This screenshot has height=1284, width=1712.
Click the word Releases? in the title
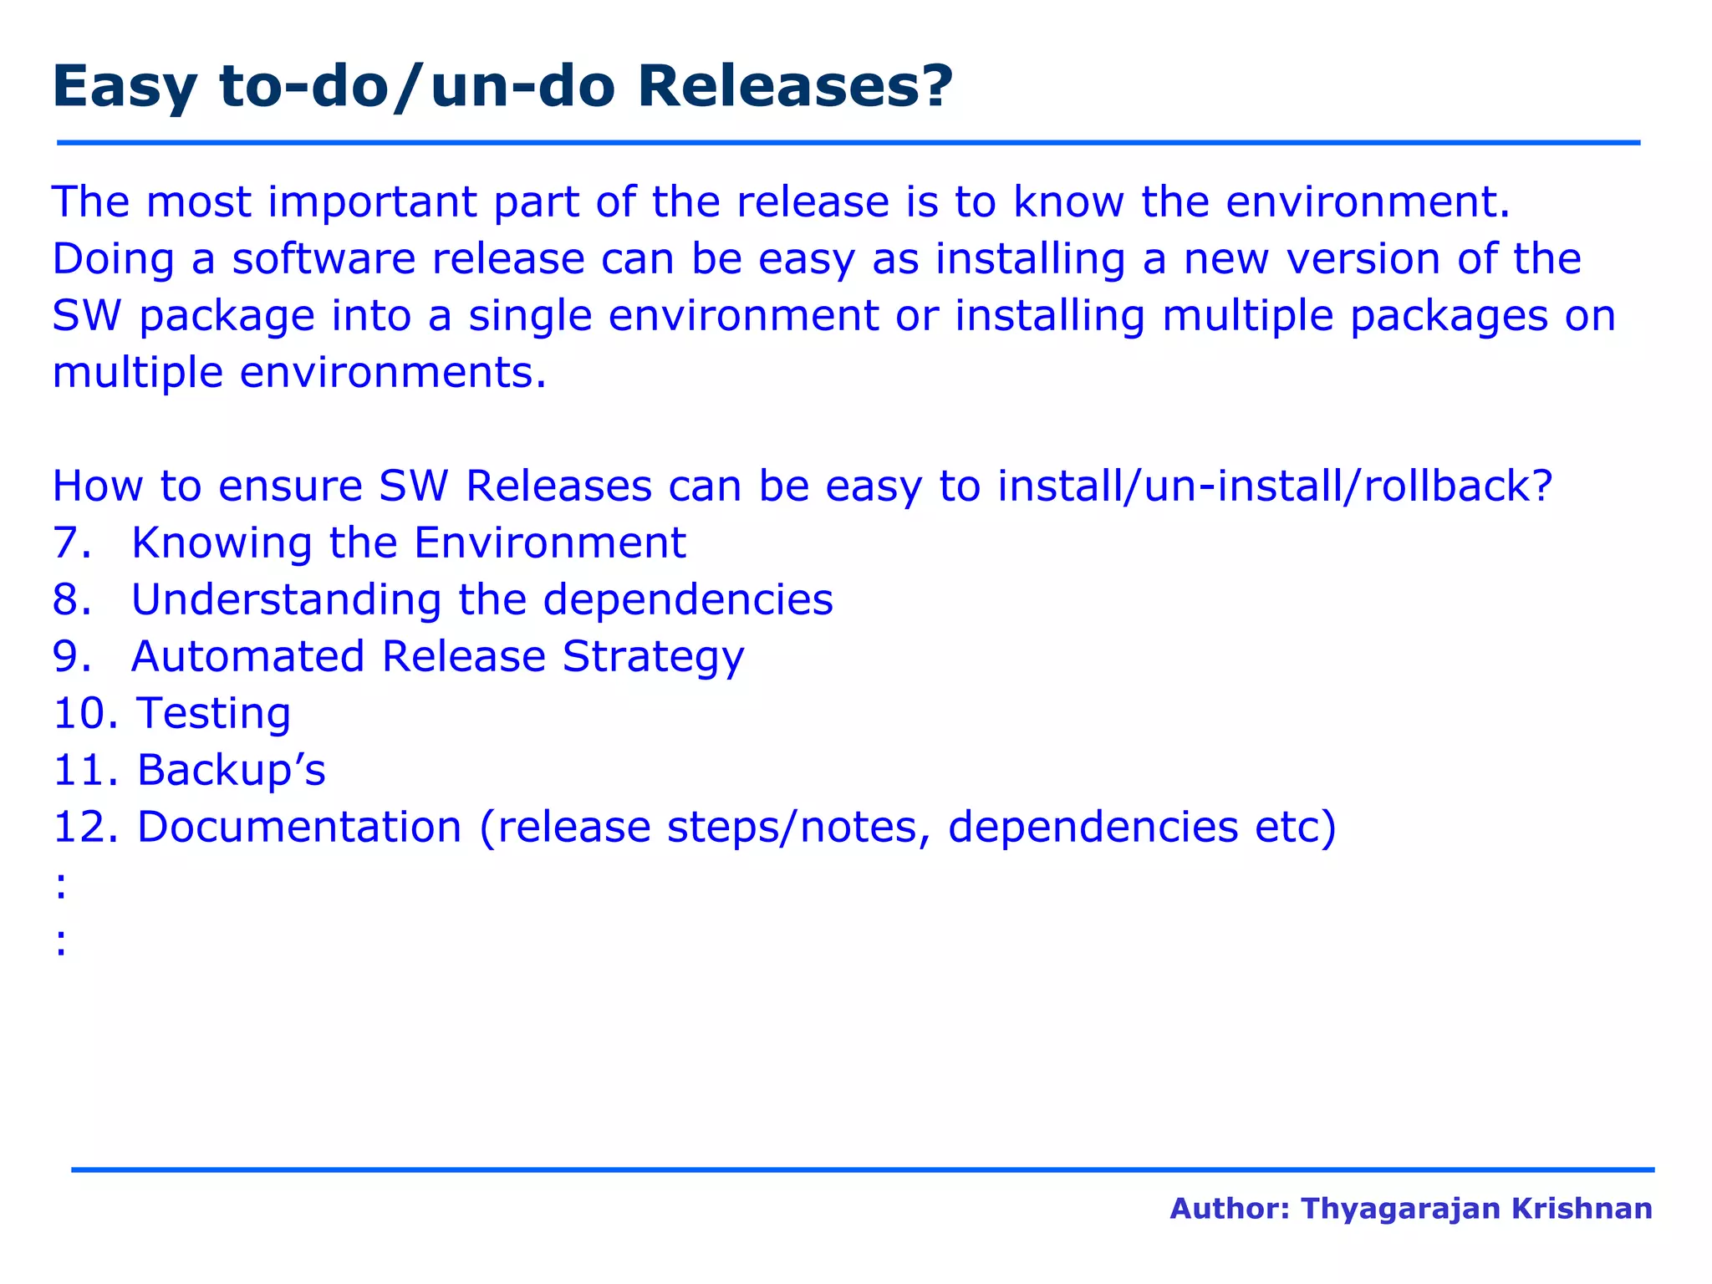(794, 87)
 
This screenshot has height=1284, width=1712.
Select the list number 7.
(70, 543)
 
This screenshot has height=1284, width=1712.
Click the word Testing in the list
(214, 715)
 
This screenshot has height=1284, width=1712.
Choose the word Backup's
(231, 770)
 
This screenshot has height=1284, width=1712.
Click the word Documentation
(299, 827)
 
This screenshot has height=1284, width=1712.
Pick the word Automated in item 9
(247, 656)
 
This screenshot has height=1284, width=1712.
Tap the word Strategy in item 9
(653, 658)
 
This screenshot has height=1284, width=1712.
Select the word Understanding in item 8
(286, 601)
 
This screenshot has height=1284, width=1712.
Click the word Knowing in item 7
(222, 544)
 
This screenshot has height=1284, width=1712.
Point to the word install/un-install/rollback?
(1275, 487)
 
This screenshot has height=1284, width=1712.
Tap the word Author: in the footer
(1230, 1209)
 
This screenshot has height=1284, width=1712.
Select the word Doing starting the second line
(113, 260)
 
